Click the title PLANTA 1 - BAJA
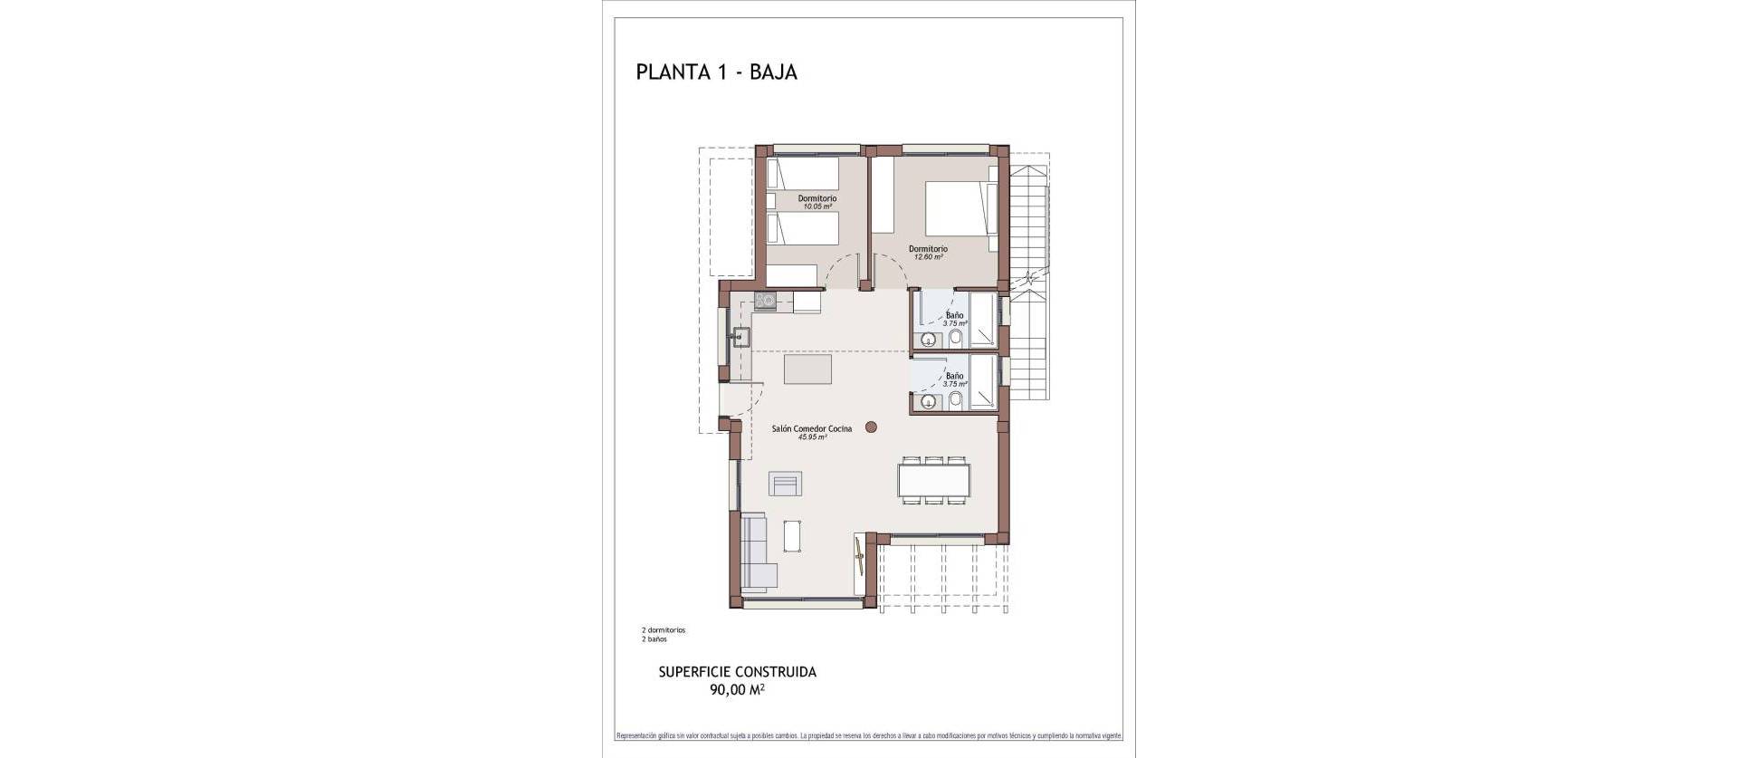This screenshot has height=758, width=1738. click(x=716, y=72)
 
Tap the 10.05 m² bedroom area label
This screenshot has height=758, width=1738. click(x=816, y=206)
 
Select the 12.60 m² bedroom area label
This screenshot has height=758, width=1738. click(x=928, y=257)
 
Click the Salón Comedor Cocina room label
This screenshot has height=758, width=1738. click(x=811, y=428)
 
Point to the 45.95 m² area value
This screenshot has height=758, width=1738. click(x=812, y=437)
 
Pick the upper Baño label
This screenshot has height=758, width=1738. click(x=955, y=315)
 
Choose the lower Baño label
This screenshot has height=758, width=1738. click(x=955, y=375)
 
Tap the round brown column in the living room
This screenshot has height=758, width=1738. click(x=871, y=427)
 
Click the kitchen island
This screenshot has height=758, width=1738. click(x=175, y=369)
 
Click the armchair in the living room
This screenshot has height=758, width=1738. click(x=785, y=485)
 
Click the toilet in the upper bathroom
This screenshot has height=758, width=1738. click(x=956, y=339)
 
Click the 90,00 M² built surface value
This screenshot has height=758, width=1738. click(x=737, y=690)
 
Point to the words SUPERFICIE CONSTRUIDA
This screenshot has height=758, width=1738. click(x=737, y=672)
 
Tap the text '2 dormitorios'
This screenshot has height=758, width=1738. click(x=663, y=630)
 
